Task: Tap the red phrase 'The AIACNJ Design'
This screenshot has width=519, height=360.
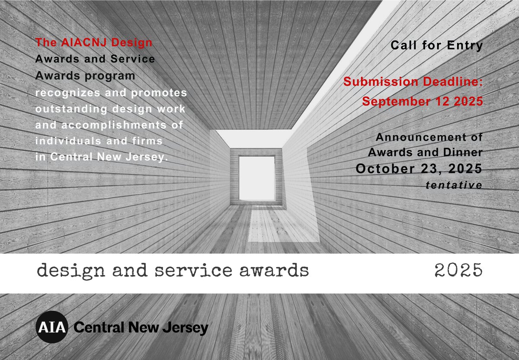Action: pyautogui.click(x=94, y=43)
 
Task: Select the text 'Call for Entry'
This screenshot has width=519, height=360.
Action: pyautogui.click(x=436, y=45)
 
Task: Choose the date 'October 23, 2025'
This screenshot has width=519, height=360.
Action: pyautogui.click(x=419, y=169)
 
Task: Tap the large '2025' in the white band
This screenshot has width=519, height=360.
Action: pyautogui.click(x=458, y=271)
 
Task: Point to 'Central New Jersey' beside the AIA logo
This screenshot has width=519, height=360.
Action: pyautogui.click(x=141, y=328)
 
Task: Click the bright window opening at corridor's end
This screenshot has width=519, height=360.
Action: pyautogui.click(x=257, y=178)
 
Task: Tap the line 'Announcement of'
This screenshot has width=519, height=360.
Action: pyautogui.click(x=429, y=138)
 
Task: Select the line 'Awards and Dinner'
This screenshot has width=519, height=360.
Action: pyautogui.click(x=425, y=153)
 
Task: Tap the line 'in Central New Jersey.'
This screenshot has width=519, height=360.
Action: pyautogui.click(x=101, y=157)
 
